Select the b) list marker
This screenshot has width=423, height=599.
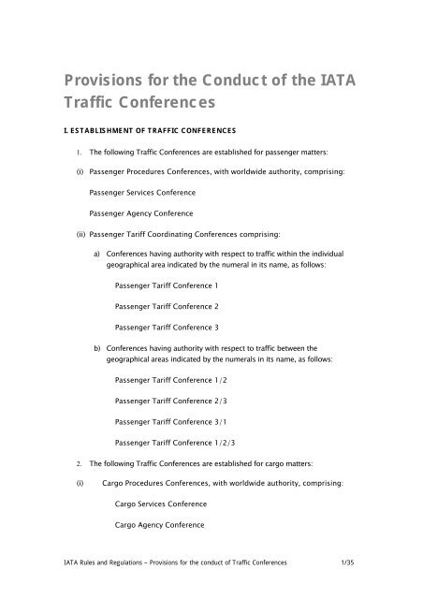pos(98,346)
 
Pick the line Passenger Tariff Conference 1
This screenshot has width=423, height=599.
pos(166,285)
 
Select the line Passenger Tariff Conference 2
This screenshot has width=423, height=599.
pos(166,306)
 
